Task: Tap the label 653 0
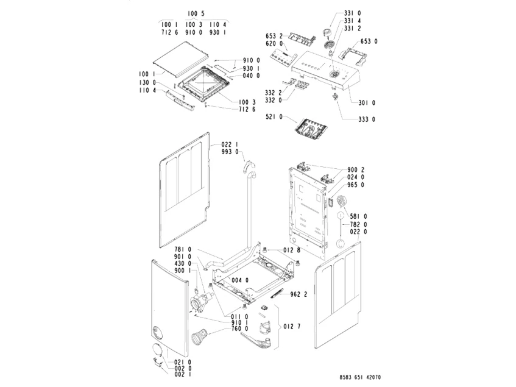point(369,41)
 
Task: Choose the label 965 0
point(355,185)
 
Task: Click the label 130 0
point(147,82)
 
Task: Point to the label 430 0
point(183,263)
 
